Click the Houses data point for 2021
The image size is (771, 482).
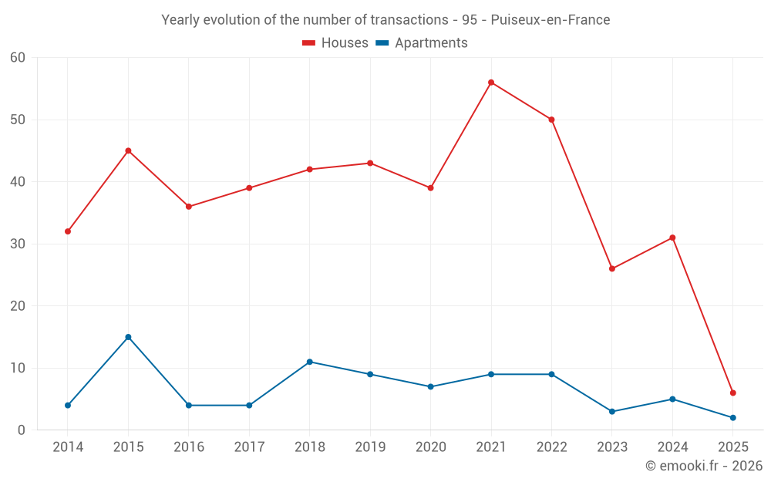[491, 83]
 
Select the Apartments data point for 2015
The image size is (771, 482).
[128, 337]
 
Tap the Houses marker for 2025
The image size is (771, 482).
[732, 393]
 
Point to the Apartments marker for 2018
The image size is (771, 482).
[309, 362]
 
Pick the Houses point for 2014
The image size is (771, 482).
[68, 231]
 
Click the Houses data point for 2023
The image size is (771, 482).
[611, 268]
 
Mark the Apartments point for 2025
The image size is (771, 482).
[732, 418]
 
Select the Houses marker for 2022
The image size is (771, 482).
[551, 120]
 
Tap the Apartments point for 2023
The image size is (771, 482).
[611, 412]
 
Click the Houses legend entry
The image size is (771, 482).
[335, 43]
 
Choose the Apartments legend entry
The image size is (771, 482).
[422, 43]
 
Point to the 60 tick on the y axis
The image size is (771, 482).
[18, 57]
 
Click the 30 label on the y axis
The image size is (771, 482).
[18, 244]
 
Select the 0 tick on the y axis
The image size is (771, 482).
[22, 430]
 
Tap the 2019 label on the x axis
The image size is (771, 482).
[370, 447]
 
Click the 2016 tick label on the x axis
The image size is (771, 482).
[189, 447]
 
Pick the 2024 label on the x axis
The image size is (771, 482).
[672, 447]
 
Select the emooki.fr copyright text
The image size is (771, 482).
[704, 466]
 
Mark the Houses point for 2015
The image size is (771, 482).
[128, 150]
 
